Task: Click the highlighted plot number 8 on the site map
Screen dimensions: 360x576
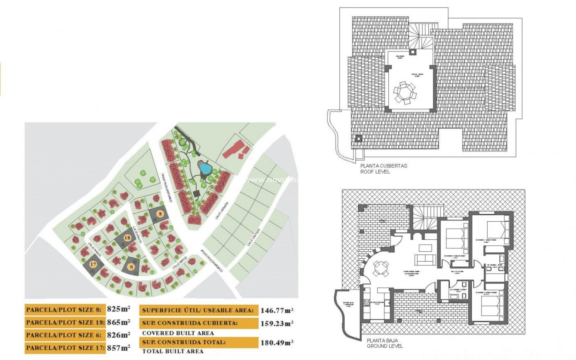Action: tap(160, 214)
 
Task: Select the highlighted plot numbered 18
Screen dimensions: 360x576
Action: tap(127, 238)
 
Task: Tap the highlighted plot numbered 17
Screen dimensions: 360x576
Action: tap(93, 264)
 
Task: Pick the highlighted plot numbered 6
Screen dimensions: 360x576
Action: tap(131, 267)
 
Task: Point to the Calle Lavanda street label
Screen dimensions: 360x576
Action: tap(222, 210)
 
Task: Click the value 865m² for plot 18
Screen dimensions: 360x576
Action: tap(118, 322)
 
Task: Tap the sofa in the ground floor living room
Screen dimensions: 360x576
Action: tap(425, 259)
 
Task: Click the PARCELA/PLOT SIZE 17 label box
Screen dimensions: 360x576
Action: tap(65, 348)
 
